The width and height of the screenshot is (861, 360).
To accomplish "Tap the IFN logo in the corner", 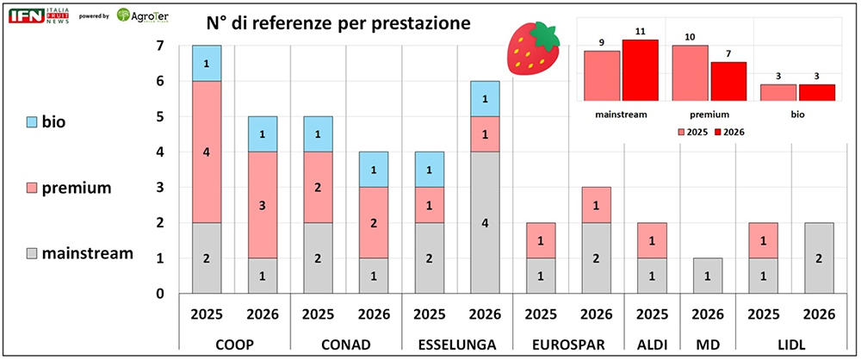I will click(27, 16).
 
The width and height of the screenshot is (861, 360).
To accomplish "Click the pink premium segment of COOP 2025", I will click(207, 152).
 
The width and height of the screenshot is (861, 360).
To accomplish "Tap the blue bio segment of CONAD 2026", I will click(374, 169).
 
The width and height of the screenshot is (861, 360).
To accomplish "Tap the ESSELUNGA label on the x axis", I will click(456, 344).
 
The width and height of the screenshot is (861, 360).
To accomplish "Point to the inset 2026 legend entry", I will click(729, 131).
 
